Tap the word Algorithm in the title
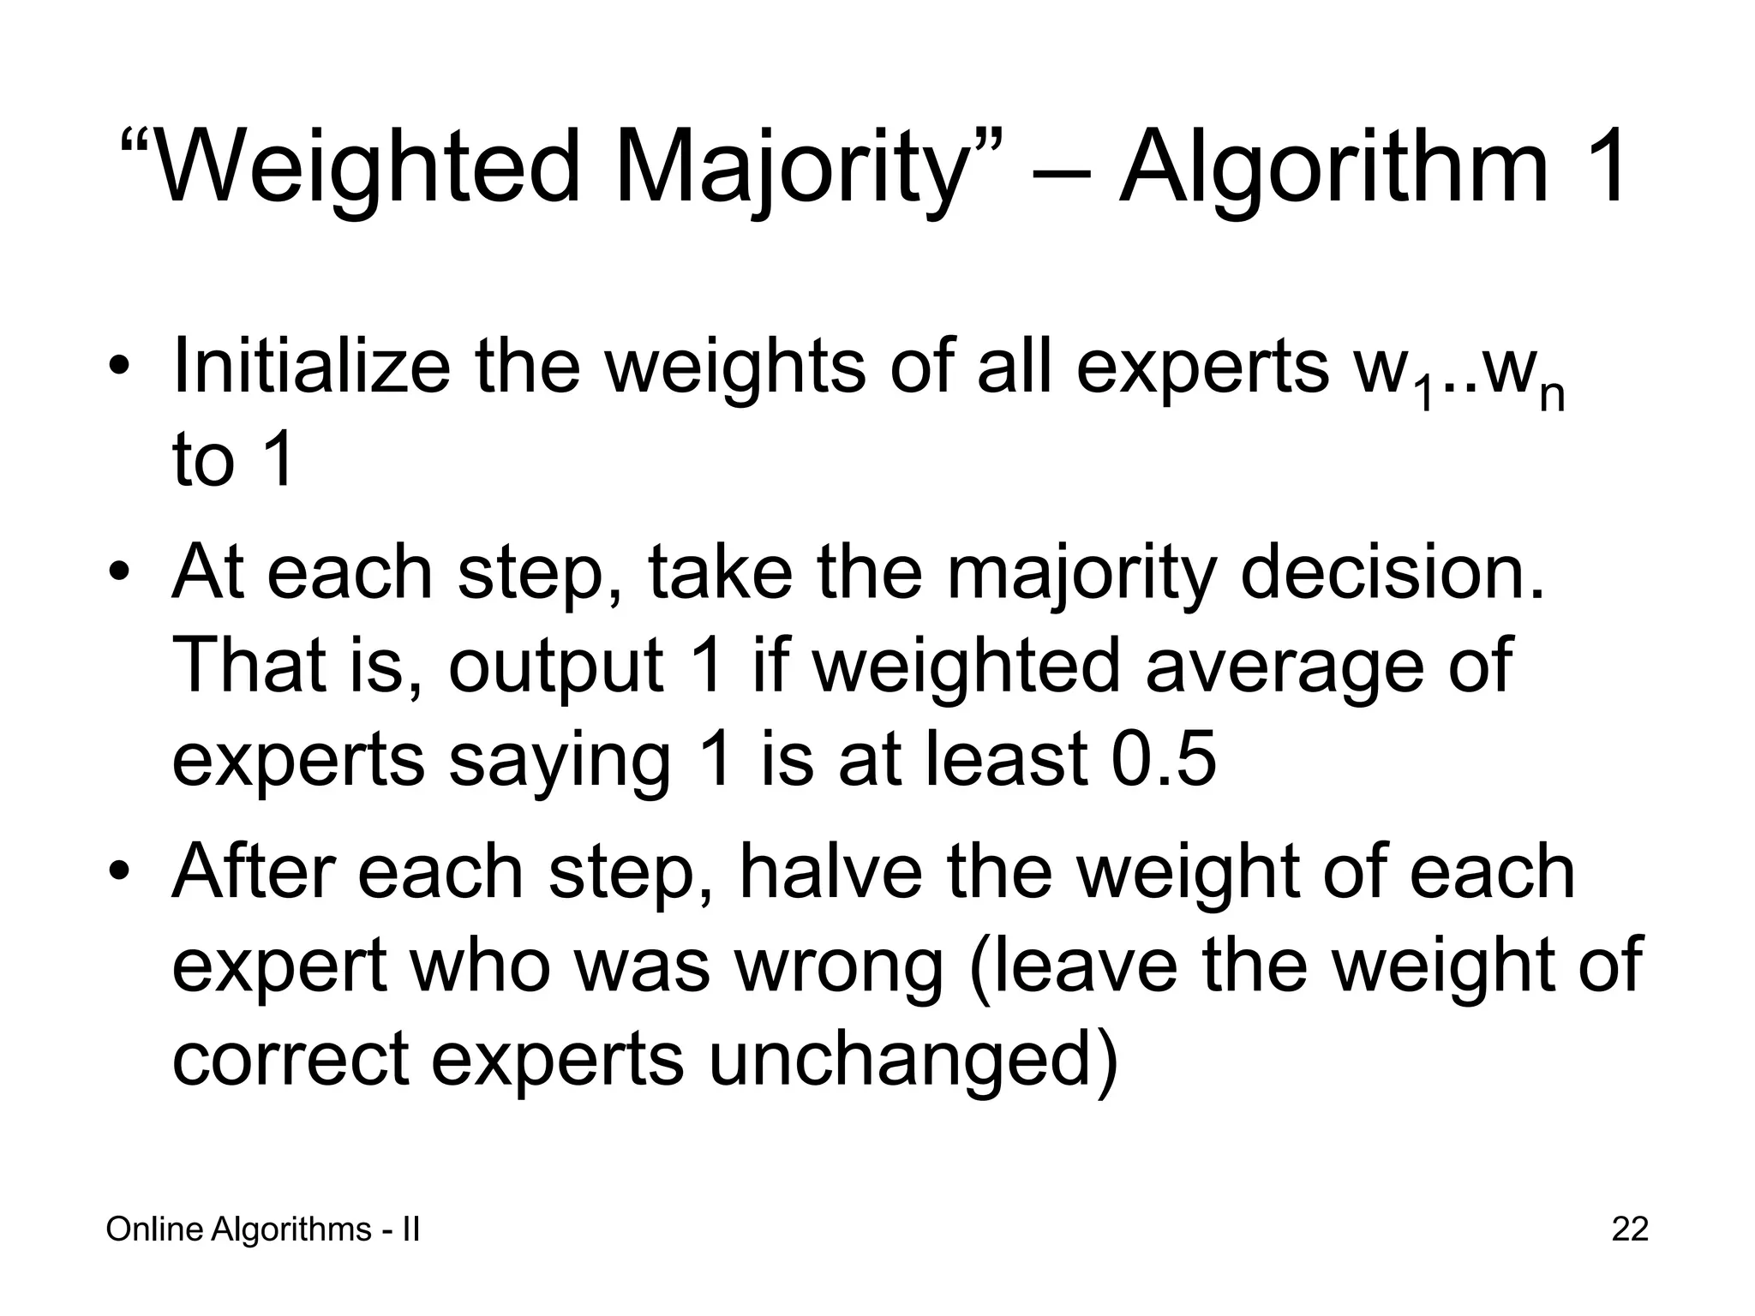point(1333,165)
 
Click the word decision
point(1392,571)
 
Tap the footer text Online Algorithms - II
point(262,1229)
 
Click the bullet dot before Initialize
point(120,369)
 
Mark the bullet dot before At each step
point(120,572)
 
